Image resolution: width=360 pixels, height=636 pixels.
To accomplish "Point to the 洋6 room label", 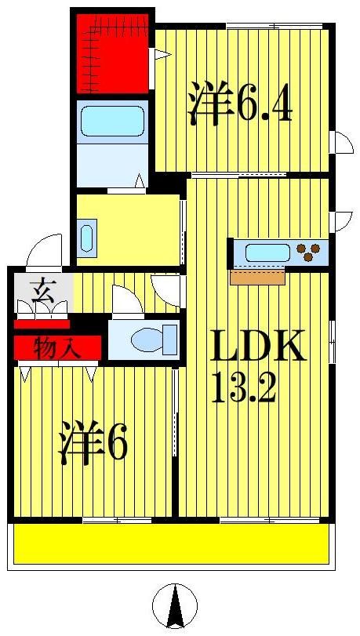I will tap(92, 445).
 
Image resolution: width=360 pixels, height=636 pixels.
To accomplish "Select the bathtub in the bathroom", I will tap(113, 122).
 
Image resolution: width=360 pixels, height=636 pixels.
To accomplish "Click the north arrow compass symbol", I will tap(174, 607).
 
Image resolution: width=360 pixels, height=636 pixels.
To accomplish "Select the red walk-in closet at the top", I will tap(112, 51).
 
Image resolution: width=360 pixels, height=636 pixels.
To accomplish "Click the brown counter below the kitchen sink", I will tap(257, 277).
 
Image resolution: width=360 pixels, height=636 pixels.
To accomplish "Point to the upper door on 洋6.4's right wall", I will tap(343, 144).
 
